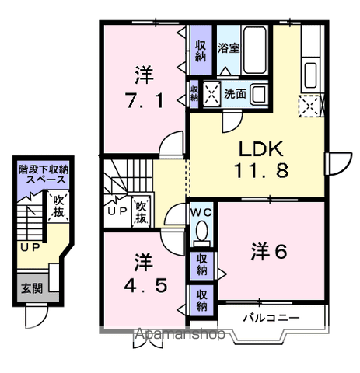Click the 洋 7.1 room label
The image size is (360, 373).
pos(144,89)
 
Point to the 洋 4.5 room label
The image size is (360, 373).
pos(143,272)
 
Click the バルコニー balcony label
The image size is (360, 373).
pos(267,317)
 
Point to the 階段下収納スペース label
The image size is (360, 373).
pos(44,172)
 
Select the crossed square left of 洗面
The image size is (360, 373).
pos(210,94)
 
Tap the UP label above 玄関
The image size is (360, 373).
pos(30,246)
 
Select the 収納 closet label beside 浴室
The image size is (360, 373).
pos(200,51)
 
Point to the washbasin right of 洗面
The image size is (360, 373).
pos(258,94)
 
